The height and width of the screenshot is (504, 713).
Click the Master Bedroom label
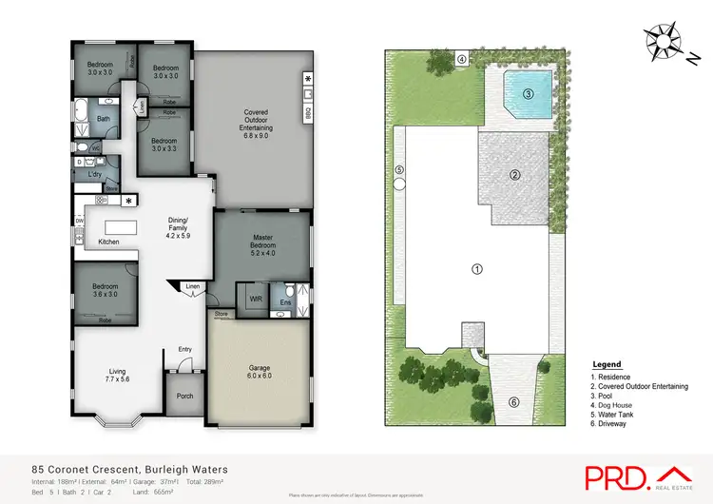click(262, 242)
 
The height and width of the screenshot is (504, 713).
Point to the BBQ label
click(307, 112)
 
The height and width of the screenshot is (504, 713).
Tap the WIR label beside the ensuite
click(255, 299)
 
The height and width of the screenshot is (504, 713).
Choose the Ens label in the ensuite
click(285, 302)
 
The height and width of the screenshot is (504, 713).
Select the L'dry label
click(95, 174)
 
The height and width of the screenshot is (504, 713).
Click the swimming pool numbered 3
click(528, 95)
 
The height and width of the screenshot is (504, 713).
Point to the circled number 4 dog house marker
click(461, 60)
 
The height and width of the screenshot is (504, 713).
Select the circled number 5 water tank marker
click(399, 170)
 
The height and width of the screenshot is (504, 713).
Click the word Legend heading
click(607, 364)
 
